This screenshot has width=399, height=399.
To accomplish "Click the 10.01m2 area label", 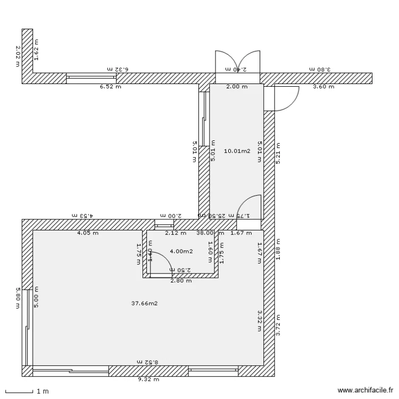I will tap(237, 151).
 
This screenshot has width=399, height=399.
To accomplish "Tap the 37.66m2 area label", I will tap(144, 304).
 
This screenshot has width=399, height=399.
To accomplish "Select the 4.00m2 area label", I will tap(181, 251).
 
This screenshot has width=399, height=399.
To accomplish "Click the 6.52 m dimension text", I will tap(110, 87).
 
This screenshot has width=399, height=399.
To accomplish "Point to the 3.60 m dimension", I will tap(323, 87).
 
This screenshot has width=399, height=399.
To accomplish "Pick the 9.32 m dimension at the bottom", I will tap(148, 380).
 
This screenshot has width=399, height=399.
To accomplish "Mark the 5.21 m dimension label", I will tap(278, 153).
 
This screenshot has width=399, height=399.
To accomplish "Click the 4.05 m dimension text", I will tap(87, 233).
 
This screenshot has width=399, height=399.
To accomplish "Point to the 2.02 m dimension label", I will tap(18, 56).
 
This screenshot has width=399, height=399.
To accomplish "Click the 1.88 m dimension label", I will tap(278, 251).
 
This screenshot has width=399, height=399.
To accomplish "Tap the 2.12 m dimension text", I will tap(176, 233).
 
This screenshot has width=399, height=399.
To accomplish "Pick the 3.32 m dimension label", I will tap(260, 321).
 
